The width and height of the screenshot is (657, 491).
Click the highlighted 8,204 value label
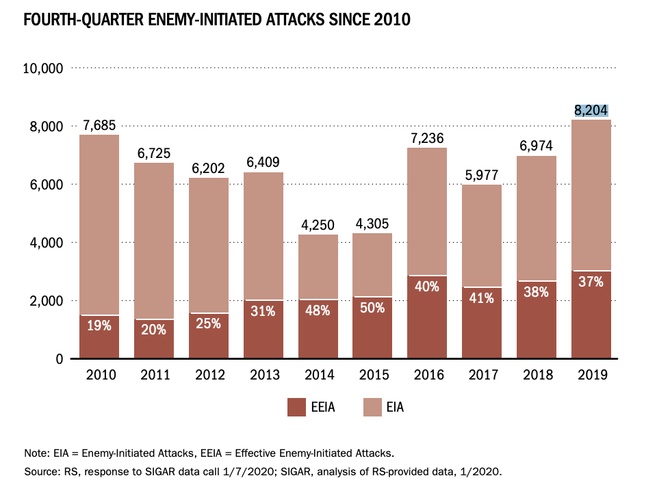[x=591, y=110]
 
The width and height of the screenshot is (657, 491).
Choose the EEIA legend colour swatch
[x=296, y=408]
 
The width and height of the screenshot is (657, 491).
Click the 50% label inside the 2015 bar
[x=372, y=308]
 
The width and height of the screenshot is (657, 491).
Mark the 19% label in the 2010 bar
[x=99, y=326]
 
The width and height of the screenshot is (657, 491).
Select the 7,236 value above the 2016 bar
[x=427, y=138]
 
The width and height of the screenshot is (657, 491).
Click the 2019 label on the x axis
[x=591, y=375]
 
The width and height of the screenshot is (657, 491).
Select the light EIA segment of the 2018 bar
[x=536, y=219]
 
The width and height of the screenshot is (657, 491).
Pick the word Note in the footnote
[x=35, y=453]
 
